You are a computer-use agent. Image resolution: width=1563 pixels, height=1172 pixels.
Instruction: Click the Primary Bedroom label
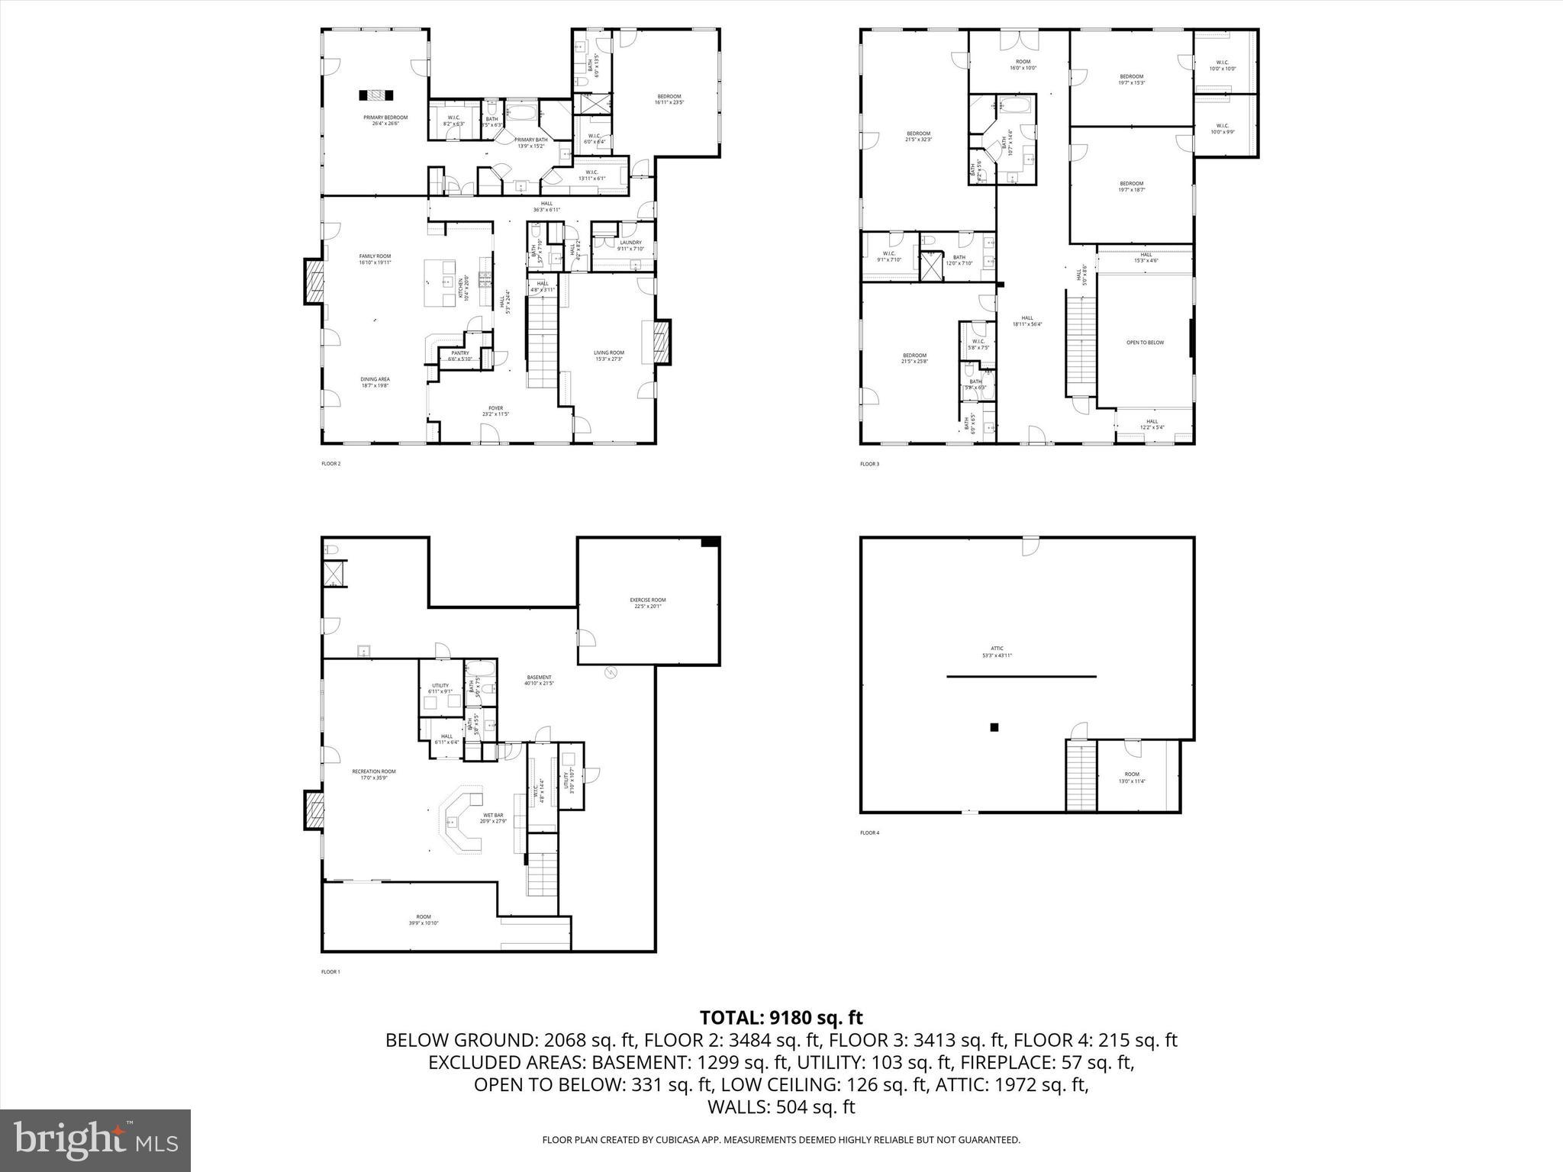(385, 121)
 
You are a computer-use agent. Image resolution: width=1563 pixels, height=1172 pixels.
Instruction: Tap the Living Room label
(608, 356)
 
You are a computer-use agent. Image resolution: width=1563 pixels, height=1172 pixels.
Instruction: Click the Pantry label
(459, 356)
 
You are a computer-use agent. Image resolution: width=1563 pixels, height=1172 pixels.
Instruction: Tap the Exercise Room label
(647, 603)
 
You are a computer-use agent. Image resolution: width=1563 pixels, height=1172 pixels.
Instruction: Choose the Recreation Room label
(374, 774)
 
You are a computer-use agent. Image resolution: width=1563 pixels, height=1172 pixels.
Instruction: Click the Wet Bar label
(492, 818)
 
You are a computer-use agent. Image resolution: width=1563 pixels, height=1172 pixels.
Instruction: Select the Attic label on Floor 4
(997, 652)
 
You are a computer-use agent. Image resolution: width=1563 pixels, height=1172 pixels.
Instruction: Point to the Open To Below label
(1145, 343)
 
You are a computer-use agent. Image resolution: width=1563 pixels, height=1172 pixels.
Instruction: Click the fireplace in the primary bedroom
(376, 95)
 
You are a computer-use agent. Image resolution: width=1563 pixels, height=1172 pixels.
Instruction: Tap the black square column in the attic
(994, 727)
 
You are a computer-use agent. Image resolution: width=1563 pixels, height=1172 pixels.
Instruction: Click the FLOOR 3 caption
(869, 464)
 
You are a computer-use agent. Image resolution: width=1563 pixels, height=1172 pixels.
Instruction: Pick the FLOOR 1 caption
(330, 972)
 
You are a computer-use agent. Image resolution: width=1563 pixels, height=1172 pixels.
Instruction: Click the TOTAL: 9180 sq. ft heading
(781, 1017)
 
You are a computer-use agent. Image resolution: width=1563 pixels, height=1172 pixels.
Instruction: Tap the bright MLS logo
(95, 1140)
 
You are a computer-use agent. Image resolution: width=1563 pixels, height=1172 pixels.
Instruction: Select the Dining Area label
(375, 382)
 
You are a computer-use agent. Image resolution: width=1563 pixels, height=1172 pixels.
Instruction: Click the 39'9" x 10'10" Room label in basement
(423, 919)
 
